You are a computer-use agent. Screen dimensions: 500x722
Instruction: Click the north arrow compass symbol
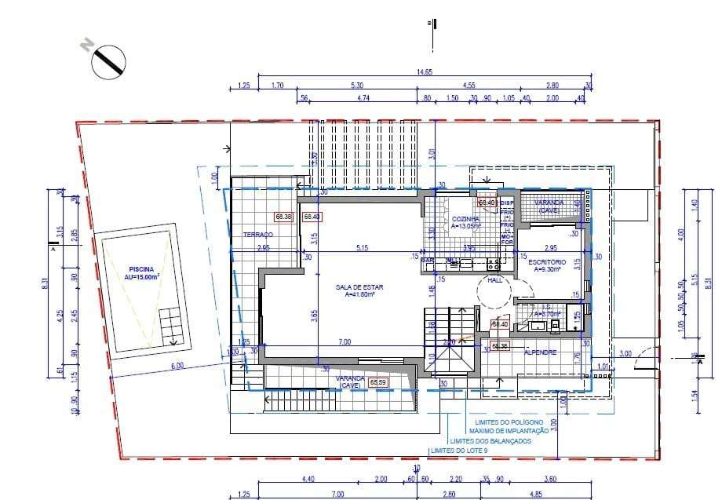coord(109,61)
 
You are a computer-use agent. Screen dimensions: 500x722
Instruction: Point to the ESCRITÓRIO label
coord(547,262)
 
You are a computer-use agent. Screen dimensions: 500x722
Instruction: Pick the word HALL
coord(494,279)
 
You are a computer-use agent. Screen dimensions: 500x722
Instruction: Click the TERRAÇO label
coord(257,235)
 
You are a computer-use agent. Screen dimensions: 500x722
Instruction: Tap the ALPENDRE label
coord(541,352)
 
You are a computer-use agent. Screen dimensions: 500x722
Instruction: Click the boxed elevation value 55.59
coord(379,382)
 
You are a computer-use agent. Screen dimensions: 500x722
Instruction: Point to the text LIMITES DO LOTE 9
coord(460,450)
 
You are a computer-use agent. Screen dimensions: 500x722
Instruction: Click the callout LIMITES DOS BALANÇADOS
coord(490,441)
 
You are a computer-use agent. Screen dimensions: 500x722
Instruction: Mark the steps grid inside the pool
coord(170,326)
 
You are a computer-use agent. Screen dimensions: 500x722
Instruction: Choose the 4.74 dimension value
coord(362,99)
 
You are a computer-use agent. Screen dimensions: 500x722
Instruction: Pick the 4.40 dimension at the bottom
coord(308,479)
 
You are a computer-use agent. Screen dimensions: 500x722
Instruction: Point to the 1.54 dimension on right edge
coord(694,396)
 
